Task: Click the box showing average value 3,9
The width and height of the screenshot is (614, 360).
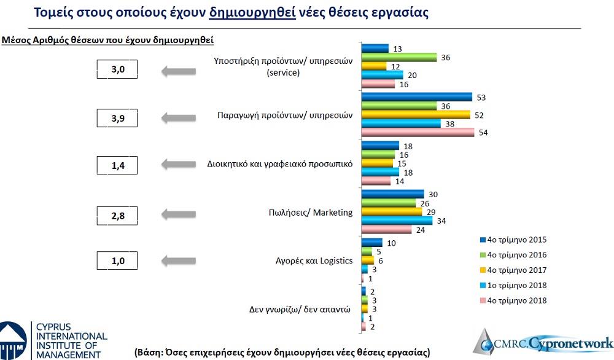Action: (x=117, y=118)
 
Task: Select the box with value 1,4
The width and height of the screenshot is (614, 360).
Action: (x=117, y=165)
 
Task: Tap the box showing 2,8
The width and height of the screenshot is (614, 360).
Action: (x=117, y=214)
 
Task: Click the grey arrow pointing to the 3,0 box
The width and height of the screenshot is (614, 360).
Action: (x=178, y=72)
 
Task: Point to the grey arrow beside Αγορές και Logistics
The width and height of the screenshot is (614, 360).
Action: (x=178, y=261)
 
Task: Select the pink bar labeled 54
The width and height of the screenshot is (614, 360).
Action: (x=418, y=133)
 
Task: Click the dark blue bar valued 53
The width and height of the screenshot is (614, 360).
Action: (x=416, y=97)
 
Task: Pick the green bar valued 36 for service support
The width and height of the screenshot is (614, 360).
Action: (x=399, y=57)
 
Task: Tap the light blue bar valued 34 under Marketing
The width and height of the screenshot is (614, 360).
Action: (x=397, y=221)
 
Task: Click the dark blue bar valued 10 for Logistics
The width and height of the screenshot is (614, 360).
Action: (x=372, y=243)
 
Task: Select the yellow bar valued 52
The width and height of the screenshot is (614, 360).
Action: (x=416, y=115)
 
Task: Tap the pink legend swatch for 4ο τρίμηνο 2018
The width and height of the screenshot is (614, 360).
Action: (x=483, y=300)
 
